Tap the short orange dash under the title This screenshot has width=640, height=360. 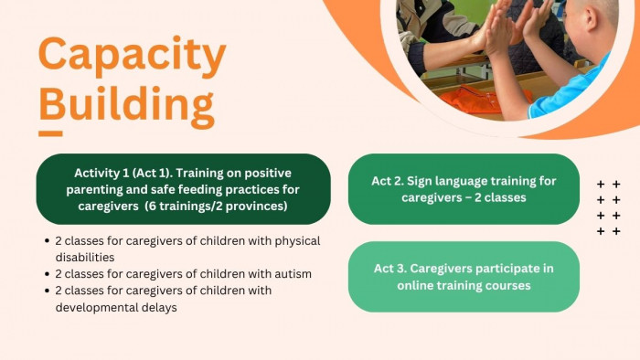click(50, 133)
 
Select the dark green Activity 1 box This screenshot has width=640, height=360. click(183, 189)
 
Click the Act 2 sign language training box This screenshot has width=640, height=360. click(464, 189)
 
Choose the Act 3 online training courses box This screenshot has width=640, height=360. click(464, 277)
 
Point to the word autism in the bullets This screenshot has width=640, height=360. click(293, 273)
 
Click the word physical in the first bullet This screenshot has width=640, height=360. click(297, 241)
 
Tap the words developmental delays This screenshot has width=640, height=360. click(116, 307)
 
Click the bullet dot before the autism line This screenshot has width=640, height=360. click(47, 274)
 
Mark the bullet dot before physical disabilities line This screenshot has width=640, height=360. click(47, 241)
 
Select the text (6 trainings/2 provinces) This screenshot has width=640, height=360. click(218, 206)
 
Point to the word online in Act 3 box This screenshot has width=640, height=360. click(415, 285)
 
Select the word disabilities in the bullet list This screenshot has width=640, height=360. click(85, 258)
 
